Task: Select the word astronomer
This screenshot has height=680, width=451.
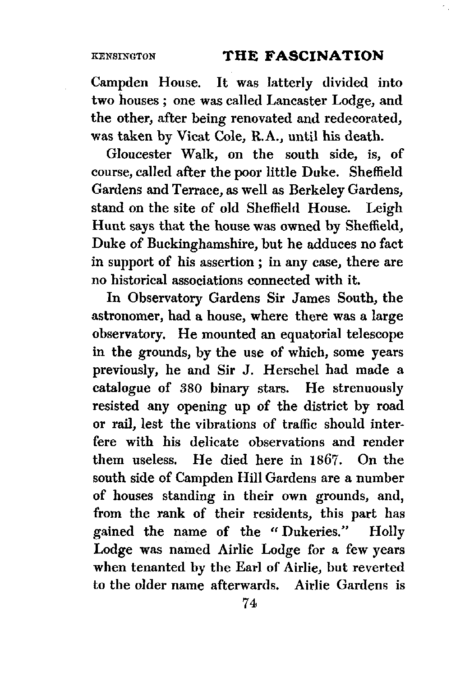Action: [124, 316]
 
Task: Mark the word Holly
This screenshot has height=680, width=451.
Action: [387, 533]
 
